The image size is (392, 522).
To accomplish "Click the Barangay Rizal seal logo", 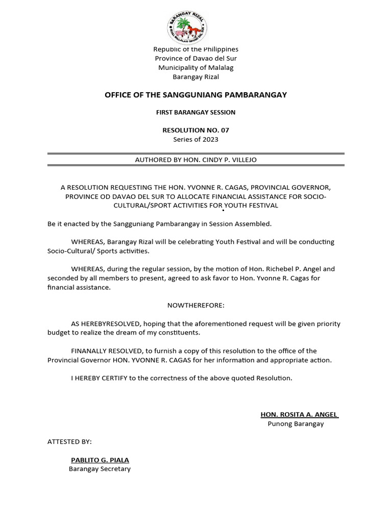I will coord(187,28).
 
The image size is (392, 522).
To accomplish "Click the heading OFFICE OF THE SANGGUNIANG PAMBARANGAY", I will coord(195,95).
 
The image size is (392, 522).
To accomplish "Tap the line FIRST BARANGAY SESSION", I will coord(195,112).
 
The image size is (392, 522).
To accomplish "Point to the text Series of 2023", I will coord(195,139).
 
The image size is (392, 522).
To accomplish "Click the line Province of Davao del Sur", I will coord(195,58).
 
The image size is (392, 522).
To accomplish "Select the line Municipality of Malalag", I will coord(195,67).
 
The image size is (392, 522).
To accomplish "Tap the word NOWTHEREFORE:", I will coord(195,305).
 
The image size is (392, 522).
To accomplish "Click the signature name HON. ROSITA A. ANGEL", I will coord(299,414).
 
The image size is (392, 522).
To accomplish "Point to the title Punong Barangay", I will coord(296,424).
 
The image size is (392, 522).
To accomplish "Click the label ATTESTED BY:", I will coord(69,441).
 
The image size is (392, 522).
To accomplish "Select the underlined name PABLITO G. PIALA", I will coord(100,460).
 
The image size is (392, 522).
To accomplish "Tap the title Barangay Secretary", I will coord(100,468).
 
